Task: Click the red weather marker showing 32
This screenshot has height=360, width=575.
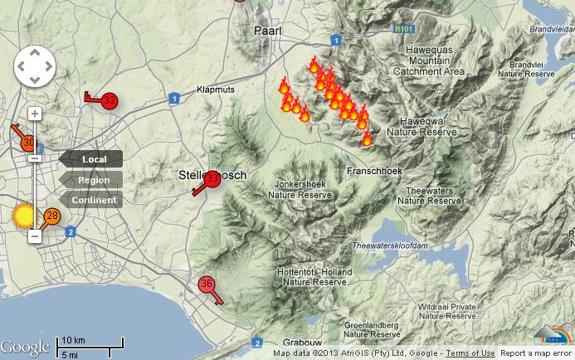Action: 110,101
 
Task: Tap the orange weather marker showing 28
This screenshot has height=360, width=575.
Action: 52,216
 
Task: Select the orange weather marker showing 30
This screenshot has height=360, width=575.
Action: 27,143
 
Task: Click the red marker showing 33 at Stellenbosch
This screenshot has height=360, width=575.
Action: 212,178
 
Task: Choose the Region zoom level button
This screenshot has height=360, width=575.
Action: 93,180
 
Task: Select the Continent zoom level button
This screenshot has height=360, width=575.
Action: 93,200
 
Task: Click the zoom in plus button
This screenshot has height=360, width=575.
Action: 35,114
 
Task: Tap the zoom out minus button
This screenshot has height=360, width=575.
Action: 35,236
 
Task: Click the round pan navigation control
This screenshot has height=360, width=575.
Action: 34,66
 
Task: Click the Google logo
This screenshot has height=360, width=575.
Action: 25,347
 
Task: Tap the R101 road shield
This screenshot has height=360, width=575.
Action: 405,29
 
